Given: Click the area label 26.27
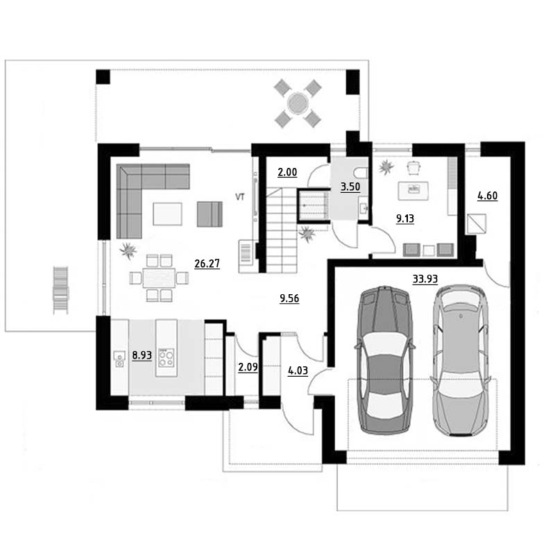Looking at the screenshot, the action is point(207,264).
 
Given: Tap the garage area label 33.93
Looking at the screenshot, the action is point(425,280).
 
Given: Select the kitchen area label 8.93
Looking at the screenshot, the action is point(142,355).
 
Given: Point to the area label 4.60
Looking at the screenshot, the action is point(488,196).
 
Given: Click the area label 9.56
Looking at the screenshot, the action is point(289,298).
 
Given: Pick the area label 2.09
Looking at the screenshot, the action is point(248,367).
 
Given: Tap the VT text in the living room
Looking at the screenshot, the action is point(240,197).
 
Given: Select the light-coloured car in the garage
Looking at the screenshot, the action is point(459,359).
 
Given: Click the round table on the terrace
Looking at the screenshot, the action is point(298,103).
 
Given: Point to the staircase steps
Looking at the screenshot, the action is point(282,230).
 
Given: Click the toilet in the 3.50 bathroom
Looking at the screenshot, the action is point(362,173).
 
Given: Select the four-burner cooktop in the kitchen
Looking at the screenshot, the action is point(166,358).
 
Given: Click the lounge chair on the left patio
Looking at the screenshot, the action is point(60,290).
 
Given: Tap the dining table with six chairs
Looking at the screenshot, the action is point(159,278).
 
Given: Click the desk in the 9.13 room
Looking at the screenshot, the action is point(413,191).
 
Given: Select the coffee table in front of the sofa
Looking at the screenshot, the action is point(167,214).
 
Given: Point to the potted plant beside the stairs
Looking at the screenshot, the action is point(307,234).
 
